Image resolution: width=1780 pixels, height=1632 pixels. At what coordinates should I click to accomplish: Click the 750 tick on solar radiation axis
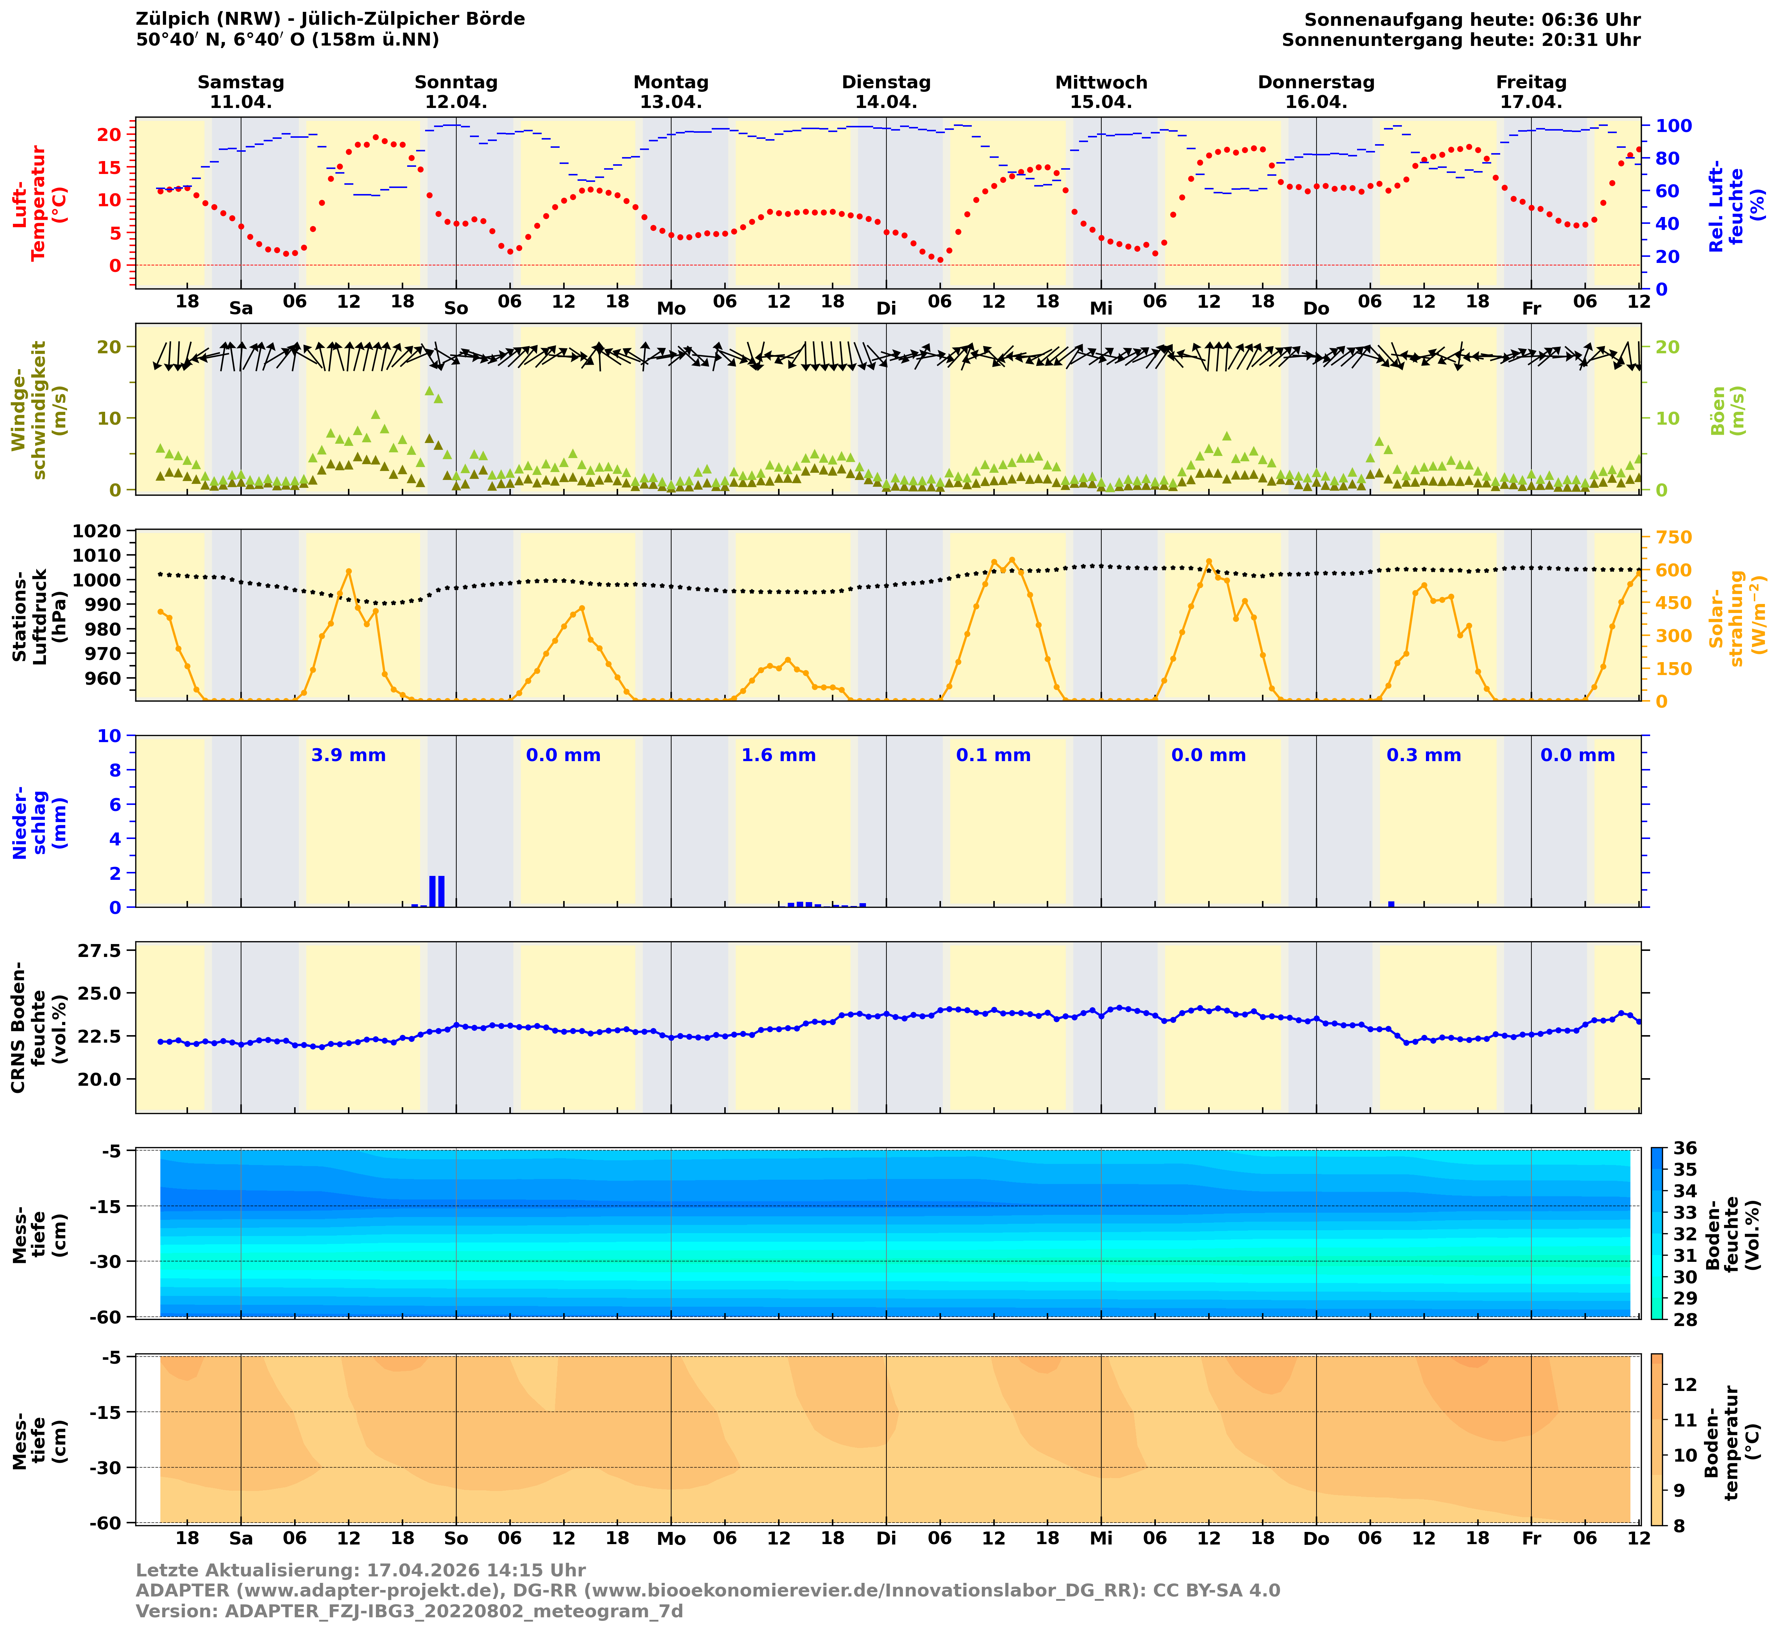click(x=1675, y=538)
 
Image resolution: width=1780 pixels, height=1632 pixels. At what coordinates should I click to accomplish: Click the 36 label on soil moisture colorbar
click(x=1685, y=1148)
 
